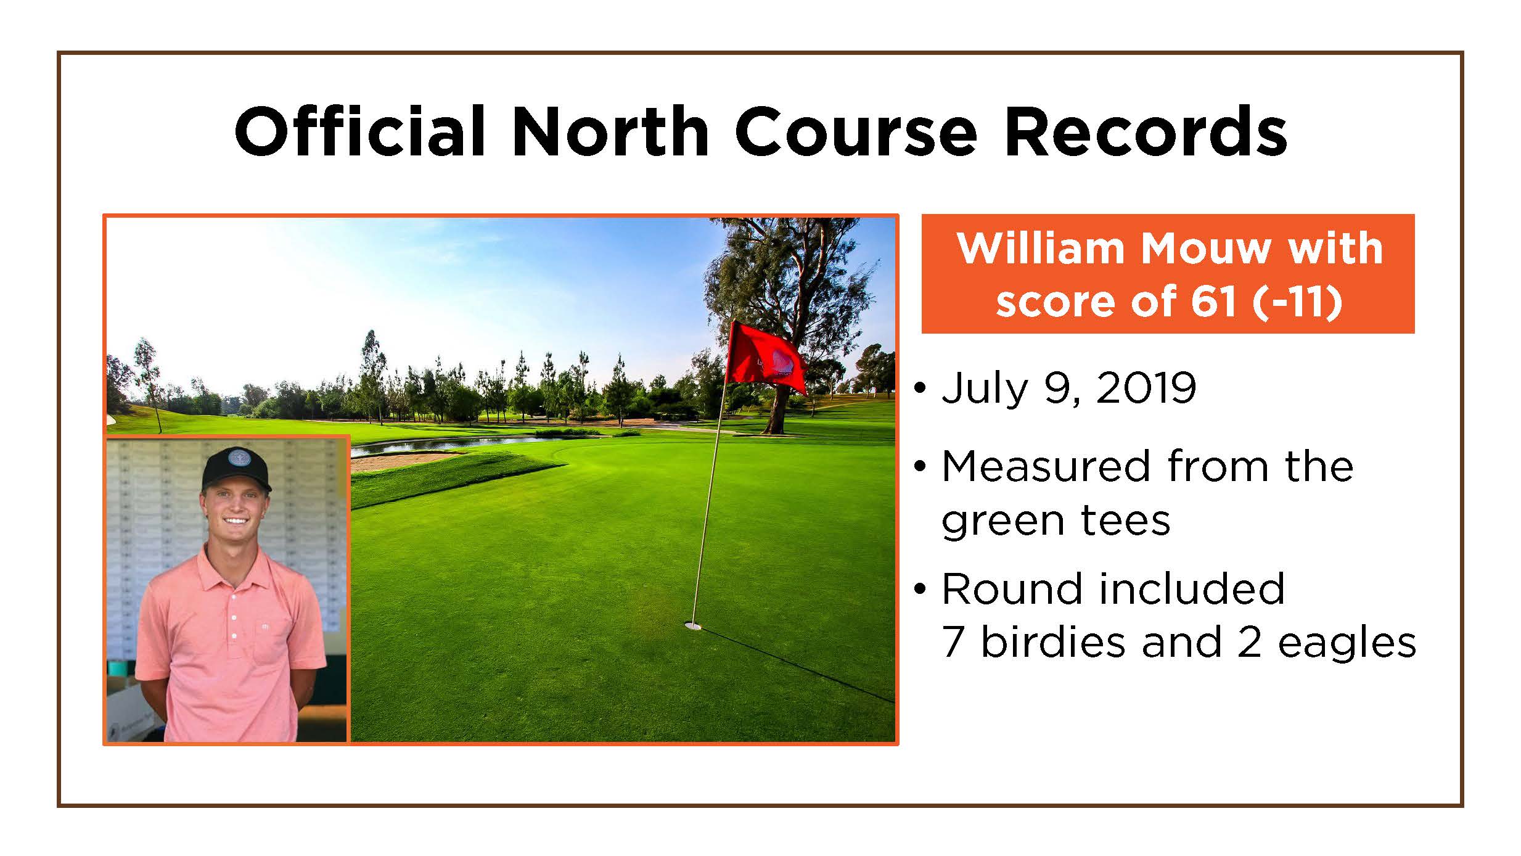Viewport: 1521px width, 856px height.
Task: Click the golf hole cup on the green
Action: pyautogui.click(x=693, y=626)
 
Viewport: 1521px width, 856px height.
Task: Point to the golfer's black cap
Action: pyautogui.click(x=236, y=468)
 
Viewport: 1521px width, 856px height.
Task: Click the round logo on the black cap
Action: pyautogui.click(x=238, y=458)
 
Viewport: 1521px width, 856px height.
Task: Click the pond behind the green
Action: pyautogui.click(x=456, y=443)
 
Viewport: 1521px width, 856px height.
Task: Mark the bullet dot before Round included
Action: pyautogui.click(x=920, y=589)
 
